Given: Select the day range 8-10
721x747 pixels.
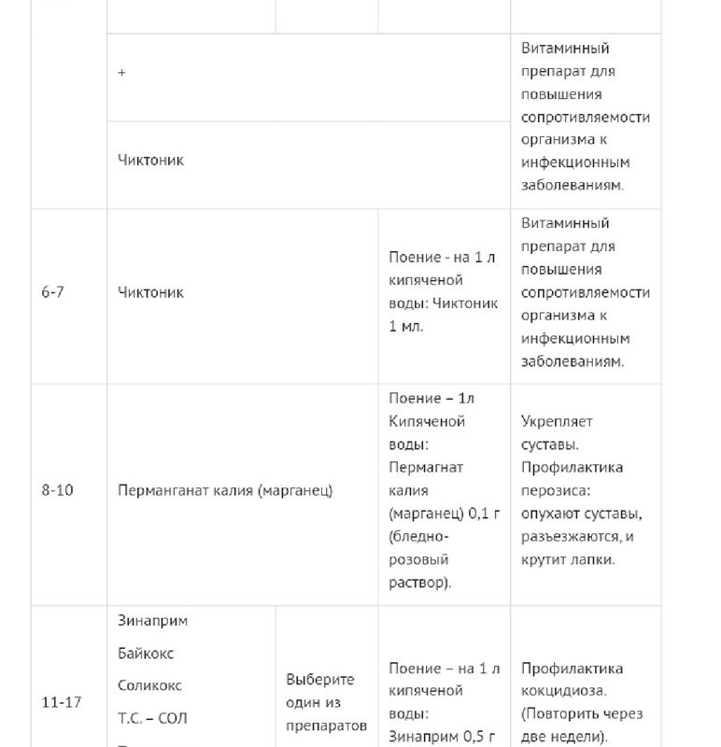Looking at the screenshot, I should pyautogui.click(x=57, y=490).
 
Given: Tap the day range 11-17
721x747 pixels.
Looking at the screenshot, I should pyautogui.click(x=61, y=702).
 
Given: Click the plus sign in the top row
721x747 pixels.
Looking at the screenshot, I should pyautogui.click(x=122, y=73).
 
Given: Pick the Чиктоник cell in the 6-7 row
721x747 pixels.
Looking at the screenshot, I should pyautogui.click(x=151, y=292).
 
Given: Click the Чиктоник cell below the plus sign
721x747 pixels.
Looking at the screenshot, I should pyautogui.click(x=151, y=160).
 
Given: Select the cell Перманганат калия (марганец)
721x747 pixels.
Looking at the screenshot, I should pyautogui.click(x=225, y=490).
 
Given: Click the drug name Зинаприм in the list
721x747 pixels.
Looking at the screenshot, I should pyautogui.click(x=153, y=621).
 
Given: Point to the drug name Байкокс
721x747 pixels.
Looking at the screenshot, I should pyautogui.click(x=147, y=653).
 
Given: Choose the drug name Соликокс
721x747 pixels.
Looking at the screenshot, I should pyautogui.click(x=149, y=685).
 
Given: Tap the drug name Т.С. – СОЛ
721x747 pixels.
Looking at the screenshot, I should pyautogui.click(x=153, y=718).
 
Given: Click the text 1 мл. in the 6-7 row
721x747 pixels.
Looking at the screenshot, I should pyautogui.click(x=405, y=327).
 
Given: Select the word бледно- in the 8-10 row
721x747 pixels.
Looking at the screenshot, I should pyautogui.click(x=418, y=536).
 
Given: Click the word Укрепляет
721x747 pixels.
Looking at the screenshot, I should pyautogui.click(x=557, y=421).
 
